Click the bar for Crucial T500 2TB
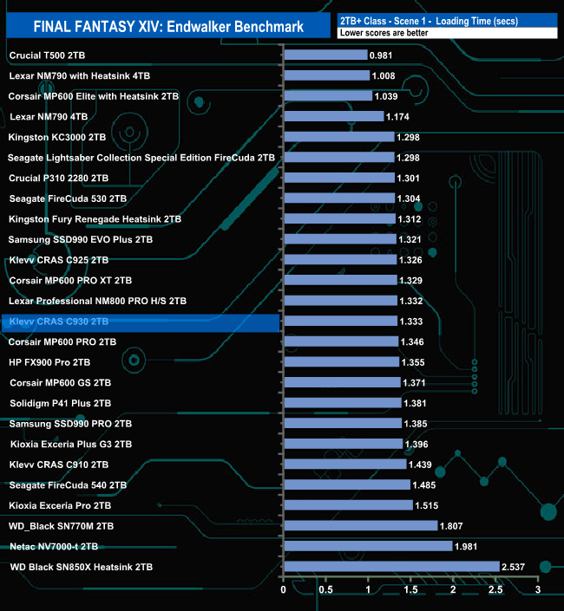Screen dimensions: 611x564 325,55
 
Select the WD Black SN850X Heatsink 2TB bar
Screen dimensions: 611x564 391,567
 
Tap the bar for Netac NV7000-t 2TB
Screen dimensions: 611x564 368,546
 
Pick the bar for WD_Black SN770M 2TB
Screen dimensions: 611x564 360,526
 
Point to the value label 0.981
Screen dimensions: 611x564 384,55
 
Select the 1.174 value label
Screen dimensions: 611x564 400,116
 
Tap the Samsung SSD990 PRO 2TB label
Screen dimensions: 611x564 70,424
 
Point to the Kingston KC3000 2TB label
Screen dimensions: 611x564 57,137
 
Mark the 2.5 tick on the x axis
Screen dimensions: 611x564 495,590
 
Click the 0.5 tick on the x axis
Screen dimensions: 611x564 326,590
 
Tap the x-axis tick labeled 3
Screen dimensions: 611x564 538,590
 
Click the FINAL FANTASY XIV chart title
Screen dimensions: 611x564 168,27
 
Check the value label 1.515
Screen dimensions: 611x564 430,505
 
